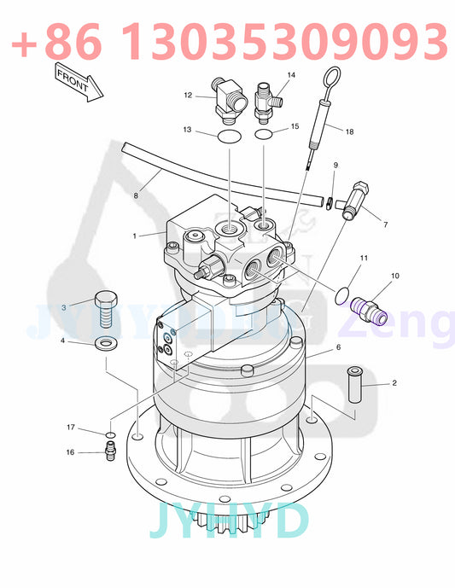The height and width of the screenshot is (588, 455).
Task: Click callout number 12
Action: pos(189,96)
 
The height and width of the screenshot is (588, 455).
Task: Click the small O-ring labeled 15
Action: pos(265,134)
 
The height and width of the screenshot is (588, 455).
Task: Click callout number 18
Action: pos(348,131)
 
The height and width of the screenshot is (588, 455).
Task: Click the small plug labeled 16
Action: pos(109,453)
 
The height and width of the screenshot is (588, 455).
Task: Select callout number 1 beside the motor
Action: pos(134,235)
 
